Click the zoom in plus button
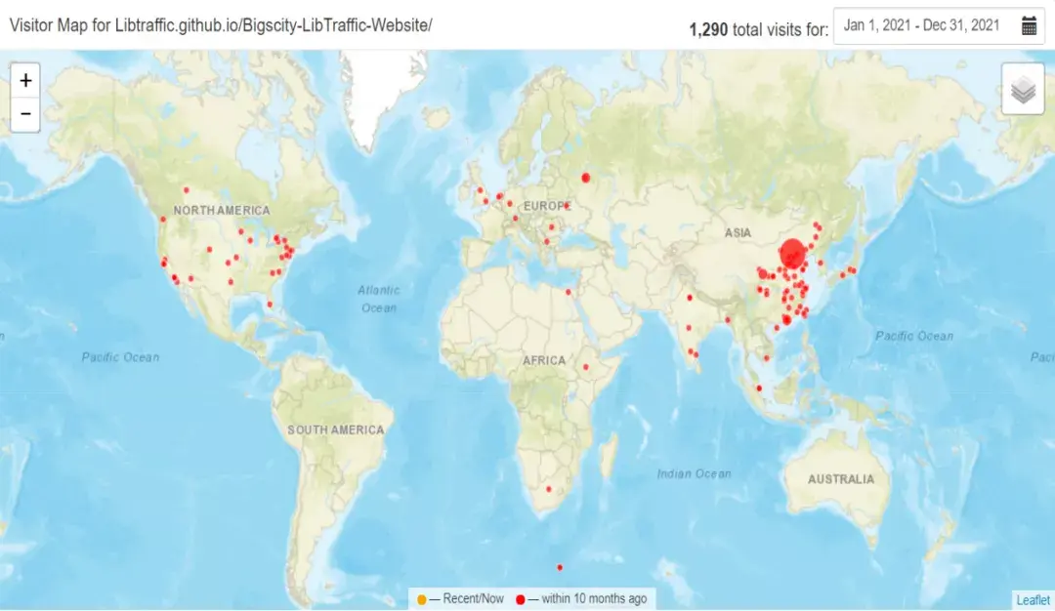pos(25,80)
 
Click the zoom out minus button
pos(25,114)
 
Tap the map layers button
pos(1023,90)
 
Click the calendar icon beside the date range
pos(1029,26)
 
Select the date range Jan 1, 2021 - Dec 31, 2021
pos(921,26)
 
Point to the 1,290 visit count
pos(708,29)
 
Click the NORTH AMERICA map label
pos(222,211)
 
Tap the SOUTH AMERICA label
pos(335,429)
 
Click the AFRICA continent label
pos(544,360)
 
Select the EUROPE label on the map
pos(546,206)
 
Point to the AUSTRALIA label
pos(841,479)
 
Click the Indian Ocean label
pos(694,473)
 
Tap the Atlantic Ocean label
pos(378,299)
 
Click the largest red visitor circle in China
pos(792,256)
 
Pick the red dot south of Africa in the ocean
pos(560,567)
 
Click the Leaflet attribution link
pos(1033,600)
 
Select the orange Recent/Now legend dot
pos(421,599)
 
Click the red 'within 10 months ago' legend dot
pos(521,599)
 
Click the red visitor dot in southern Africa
pos(548,488)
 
